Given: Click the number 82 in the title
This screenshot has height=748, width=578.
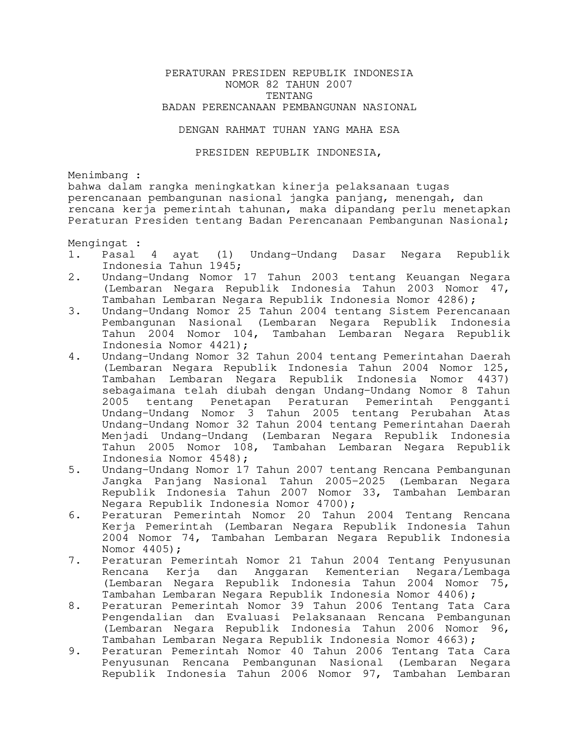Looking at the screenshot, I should [279, 84].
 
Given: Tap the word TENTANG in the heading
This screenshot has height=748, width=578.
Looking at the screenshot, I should [289, 96].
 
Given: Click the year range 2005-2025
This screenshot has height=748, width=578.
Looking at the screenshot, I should [355, 481].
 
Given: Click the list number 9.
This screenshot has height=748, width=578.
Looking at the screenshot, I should [74, 651].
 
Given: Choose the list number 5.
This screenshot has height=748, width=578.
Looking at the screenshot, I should [74, 470].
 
